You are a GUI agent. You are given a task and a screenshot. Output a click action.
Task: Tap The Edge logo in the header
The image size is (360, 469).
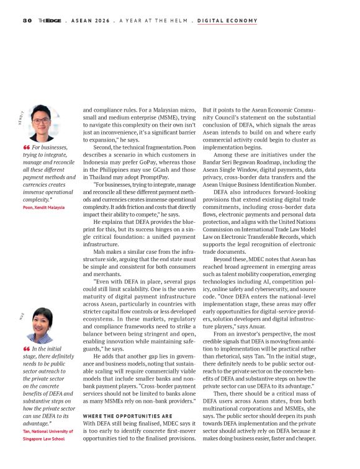tap(48, 20)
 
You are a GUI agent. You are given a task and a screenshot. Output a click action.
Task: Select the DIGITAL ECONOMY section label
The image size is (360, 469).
tap(227, 20)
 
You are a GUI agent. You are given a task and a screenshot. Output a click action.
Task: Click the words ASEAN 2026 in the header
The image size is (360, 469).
tap(92, 20)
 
